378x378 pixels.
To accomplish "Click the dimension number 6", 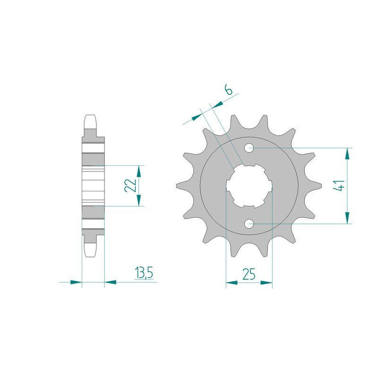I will point(229,89).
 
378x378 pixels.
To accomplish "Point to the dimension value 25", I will point(249,273).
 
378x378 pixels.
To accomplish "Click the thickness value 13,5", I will point(145,273).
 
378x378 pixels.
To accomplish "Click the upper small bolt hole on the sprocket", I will point(249,148).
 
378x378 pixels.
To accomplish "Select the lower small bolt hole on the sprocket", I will point(249,223).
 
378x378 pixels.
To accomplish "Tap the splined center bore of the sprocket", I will point(249,185).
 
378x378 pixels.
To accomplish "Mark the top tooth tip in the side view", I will point(91,117).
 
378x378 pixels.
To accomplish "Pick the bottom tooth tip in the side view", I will point(91,255).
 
